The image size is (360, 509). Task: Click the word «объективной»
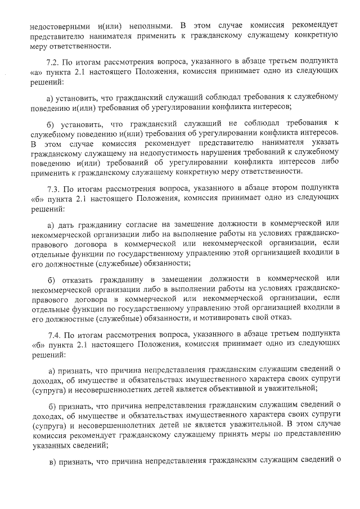click(x=242, y=388)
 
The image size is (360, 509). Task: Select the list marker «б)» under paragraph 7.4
click(x=53, y=406)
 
